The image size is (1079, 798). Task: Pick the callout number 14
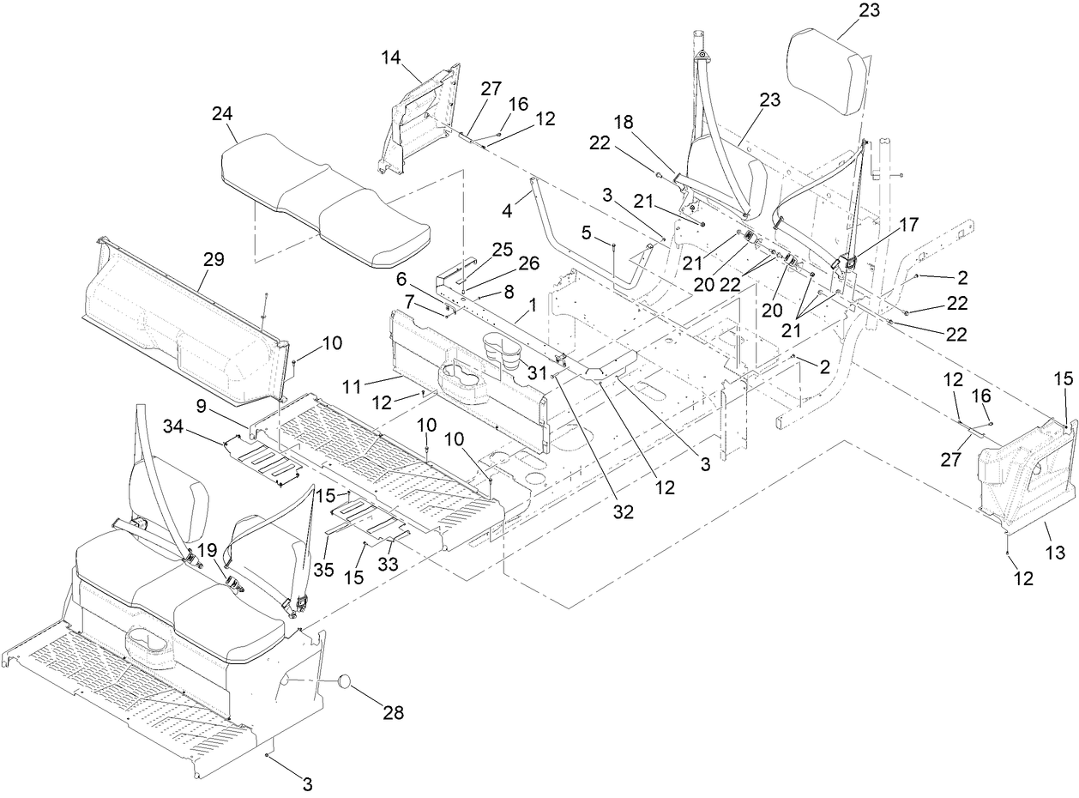tap(391, 57)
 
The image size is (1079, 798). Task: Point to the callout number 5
tap(586, 233)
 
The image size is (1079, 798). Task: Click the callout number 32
tap(623, 512)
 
